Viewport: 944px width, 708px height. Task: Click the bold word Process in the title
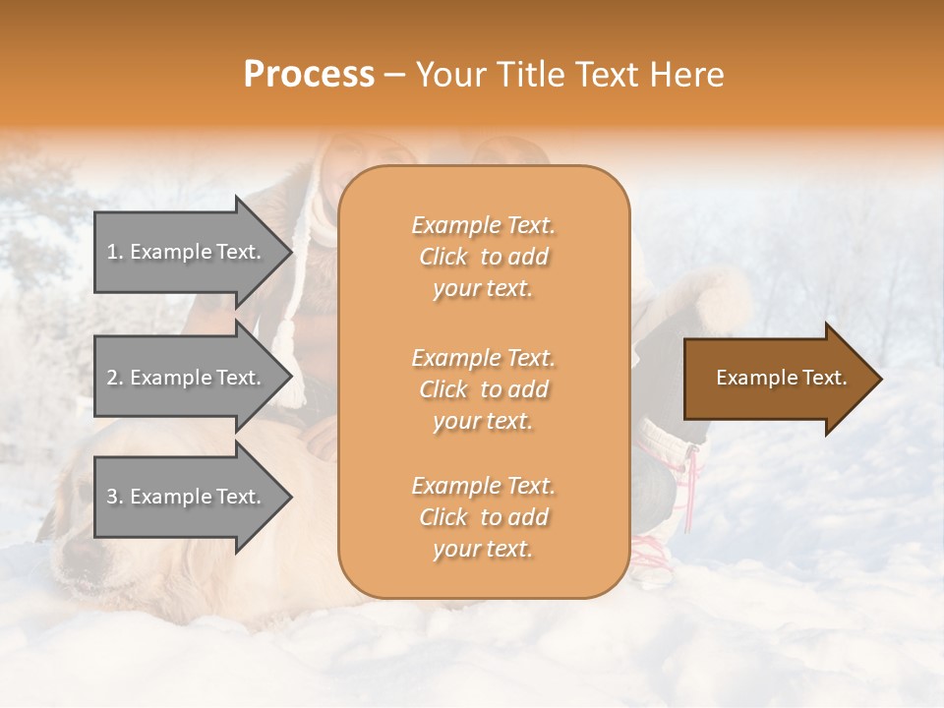click(x=309, y=75)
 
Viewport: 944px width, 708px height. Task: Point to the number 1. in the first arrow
click(x=115, y=252)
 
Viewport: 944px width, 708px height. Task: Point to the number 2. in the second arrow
click(x=115, y=378)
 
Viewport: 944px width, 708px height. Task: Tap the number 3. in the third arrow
click(x=115, y=497)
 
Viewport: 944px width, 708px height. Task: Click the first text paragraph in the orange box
click(x=483, y=257)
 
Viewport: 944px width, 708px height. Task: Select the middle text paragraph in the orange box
click(x=483, y=389)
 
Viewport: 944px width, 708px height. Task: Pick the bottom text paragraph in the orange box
click(x=483, y=517)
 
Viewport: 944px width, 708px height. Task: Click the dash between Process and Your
click(x=395, y=76)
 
